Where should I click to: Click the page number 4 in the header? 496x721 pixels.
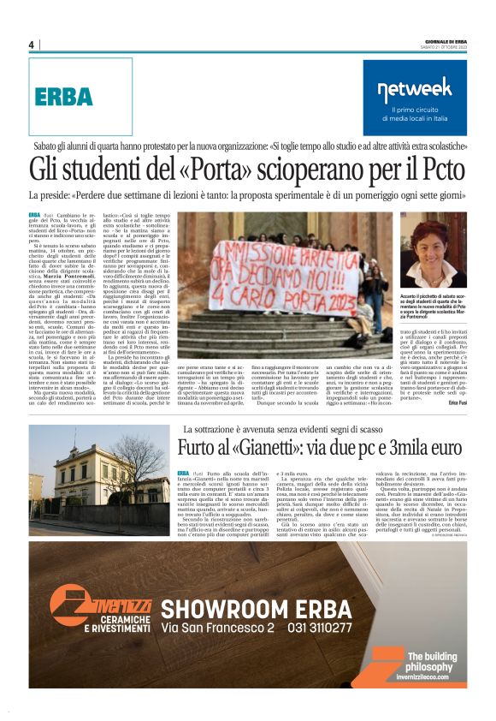tap(31, 45)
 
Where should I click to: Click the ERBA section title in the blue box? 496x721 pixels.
tap(63, 97)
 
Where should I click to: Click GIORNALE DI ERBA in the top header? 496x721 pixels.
tap(444, 40)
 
